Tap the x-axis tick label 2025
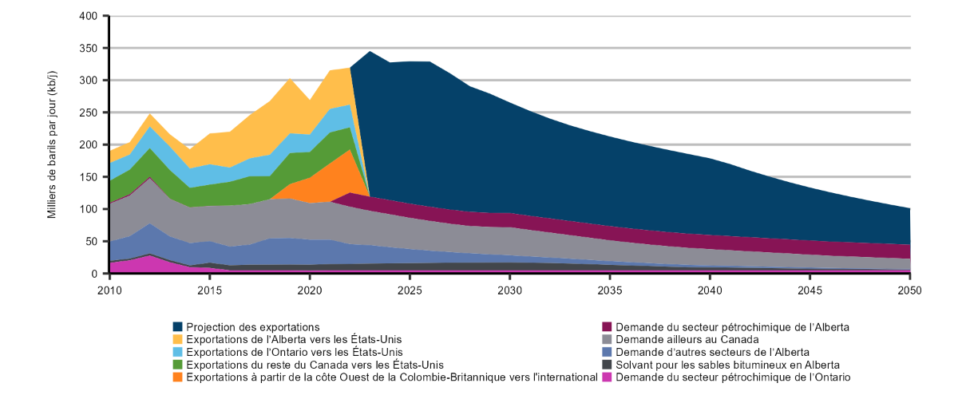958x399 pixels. (x=410, y=290)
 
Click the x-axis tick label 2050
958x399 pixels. (x=909, y=290)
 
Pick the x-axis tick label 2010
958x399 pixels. (x=109, y=290)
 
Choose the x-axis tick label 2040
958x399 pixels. (x=710, y=290)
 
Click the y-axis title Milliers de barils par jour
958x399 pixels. (x=52, y=145)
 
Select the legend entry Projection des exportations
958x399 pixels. (x=247, y=327)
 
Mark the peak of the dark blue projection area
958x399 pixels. (x=370, y=53)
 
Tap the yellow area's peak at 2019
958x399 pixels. (x=290, y=80)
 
